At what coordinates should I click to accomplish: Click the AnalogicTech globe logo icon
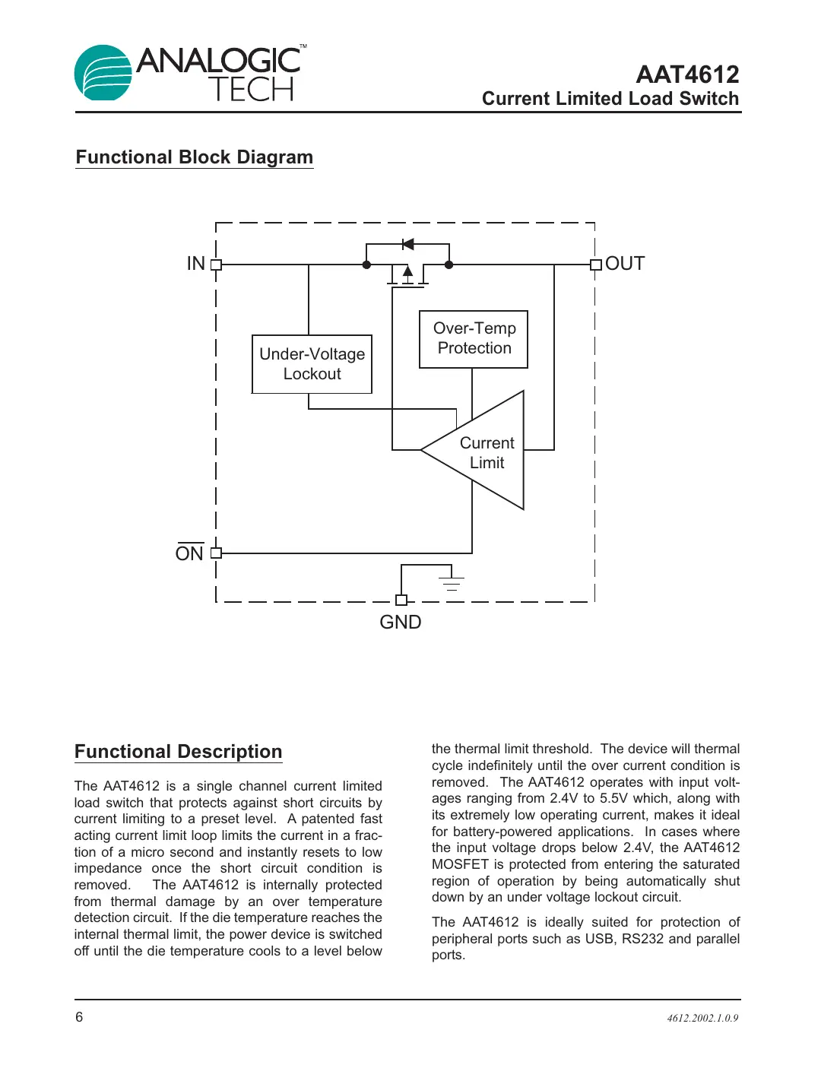point(103,74)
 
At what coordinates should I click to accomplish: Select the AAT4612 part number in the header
point(686,74)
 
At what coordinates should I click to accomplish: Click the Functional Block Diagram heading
point(195,157)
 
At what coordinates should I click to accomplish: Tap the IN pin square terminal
point(216,265)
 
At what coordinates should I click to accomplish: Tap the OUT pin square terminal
point(595,265)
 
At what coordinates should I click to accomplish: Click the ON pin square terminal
point(216,553)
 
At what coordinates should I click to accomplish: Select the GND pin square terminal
point(401,600)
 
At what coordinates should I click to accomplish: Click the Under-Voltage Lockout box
point(312,364)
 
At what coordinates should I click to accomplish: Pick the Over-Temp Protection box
point(474,339)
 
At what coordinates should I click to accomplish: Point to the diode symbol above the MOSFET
point(408,244)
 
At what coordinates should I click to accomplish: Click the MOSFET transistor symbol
point(407,275)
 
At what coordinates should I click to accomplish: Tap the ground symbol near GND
point(452,583)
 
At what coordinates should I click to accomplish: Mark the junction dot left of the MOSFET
point(366,265)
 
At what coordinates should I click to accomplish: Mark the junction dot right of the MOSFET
point(449,265)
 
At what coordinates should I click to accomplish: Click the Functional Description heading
point(179,752)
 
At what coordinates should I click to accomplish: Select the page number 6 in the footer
point(79,1017)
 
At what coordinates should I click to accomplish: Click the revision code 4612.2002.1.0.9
point(702,1018)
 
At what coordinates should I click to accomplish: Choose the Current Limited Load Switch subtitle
point(610,99)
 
